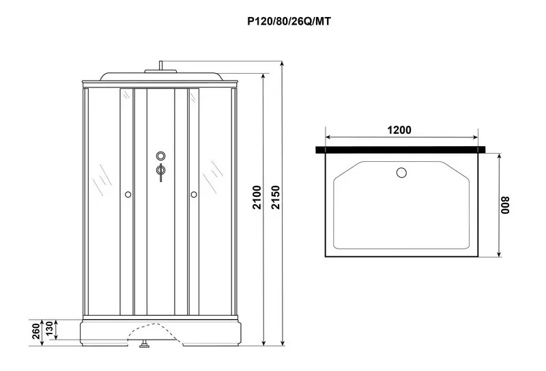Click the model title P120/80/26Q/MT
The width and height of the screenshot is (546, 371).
289,22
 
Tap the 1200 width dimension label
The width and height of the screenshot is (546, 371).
399,130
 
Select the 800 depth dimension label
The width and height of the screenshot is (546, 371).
505,205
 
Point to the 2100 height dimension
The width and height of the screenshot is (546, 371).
257,197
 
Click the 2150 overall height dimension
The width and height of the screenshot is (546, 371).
276,197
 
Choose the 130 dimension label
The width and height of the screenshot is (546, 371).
49,329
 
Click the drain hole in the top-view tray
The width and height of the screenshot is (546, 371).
401,173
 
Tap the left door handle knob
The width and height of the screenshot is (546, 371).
128,194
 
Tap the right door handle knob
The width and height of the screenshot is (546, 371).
194,194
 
